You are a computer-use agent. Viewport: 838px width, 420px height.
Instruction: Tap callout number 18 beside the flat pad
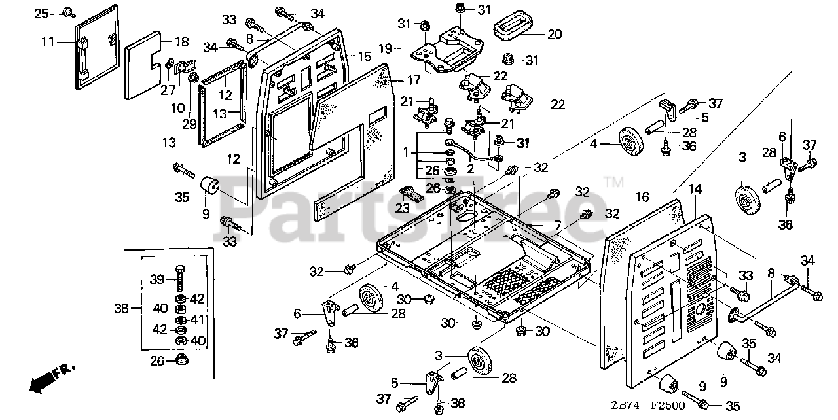tap(181, 42)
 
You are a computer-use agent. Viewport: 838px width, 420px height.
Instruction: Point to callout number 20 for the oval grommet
tap(555, 35)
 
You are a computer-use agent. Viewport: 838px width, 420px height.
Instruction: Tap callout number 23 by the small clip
tap(403, 209)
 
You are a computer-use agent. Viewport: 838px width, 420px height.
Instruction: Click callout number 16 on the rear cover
tap(641, 196)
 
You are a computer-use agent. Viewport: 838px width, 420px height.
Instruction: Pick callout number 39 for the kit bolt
tap(156, 279)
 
